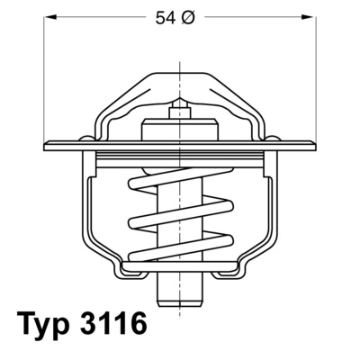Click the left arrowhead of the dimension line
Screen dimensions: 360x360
pyautogui.click(x=49, y=17)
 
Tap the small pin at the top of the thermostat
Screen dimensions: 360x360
pyautogui.click(x=180, y=104)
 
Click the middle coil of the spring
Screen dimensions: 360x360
pyautogui.click(x=180, y=216)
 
